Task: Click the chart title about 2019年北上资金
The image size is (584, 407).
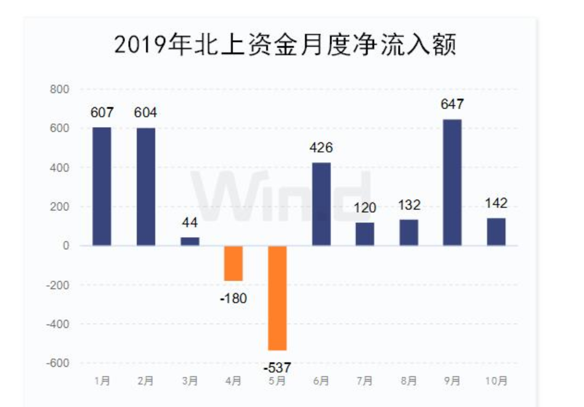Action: click(285, 44)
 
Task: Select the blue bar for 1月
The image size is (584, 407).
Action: click(102, 186)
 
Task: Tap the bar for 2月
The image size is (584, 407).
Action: click(146, 186)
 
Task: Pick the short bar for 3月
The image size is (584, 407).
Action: click(190, 241)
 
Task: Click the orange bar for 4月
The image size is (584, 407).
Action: click(233, 263)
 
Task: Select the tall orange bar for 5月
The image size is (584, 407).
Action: click(277, 298)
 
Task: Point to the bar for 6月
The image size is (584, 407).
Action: click(321, 204)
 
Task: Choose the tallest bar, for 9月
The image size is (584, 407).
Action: click(452, 183)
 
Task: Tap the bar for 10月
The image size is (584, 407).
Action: click(496, 232)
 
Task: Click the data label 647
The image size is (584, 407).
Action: click(452, 104)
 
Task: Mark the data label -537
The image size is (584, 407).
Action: click(277, 368)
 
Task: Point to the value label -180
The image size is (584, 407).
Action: click(233, 299)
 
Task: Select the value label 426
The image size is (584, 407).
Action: click(321, 148)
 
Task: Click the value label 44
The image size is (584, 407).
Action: click(190, 223)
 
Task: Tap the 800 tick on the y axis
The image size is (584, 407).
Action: click(60, 89)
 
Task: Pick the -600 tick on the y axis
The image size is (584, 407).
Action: click(59, 363)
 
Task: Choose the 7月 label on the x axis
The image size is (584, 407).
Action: click(365, 381)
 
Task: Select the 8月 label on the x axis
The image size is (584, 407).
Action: click(408, 381)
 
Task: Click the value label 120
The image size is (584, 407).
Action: click(365, 208)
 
